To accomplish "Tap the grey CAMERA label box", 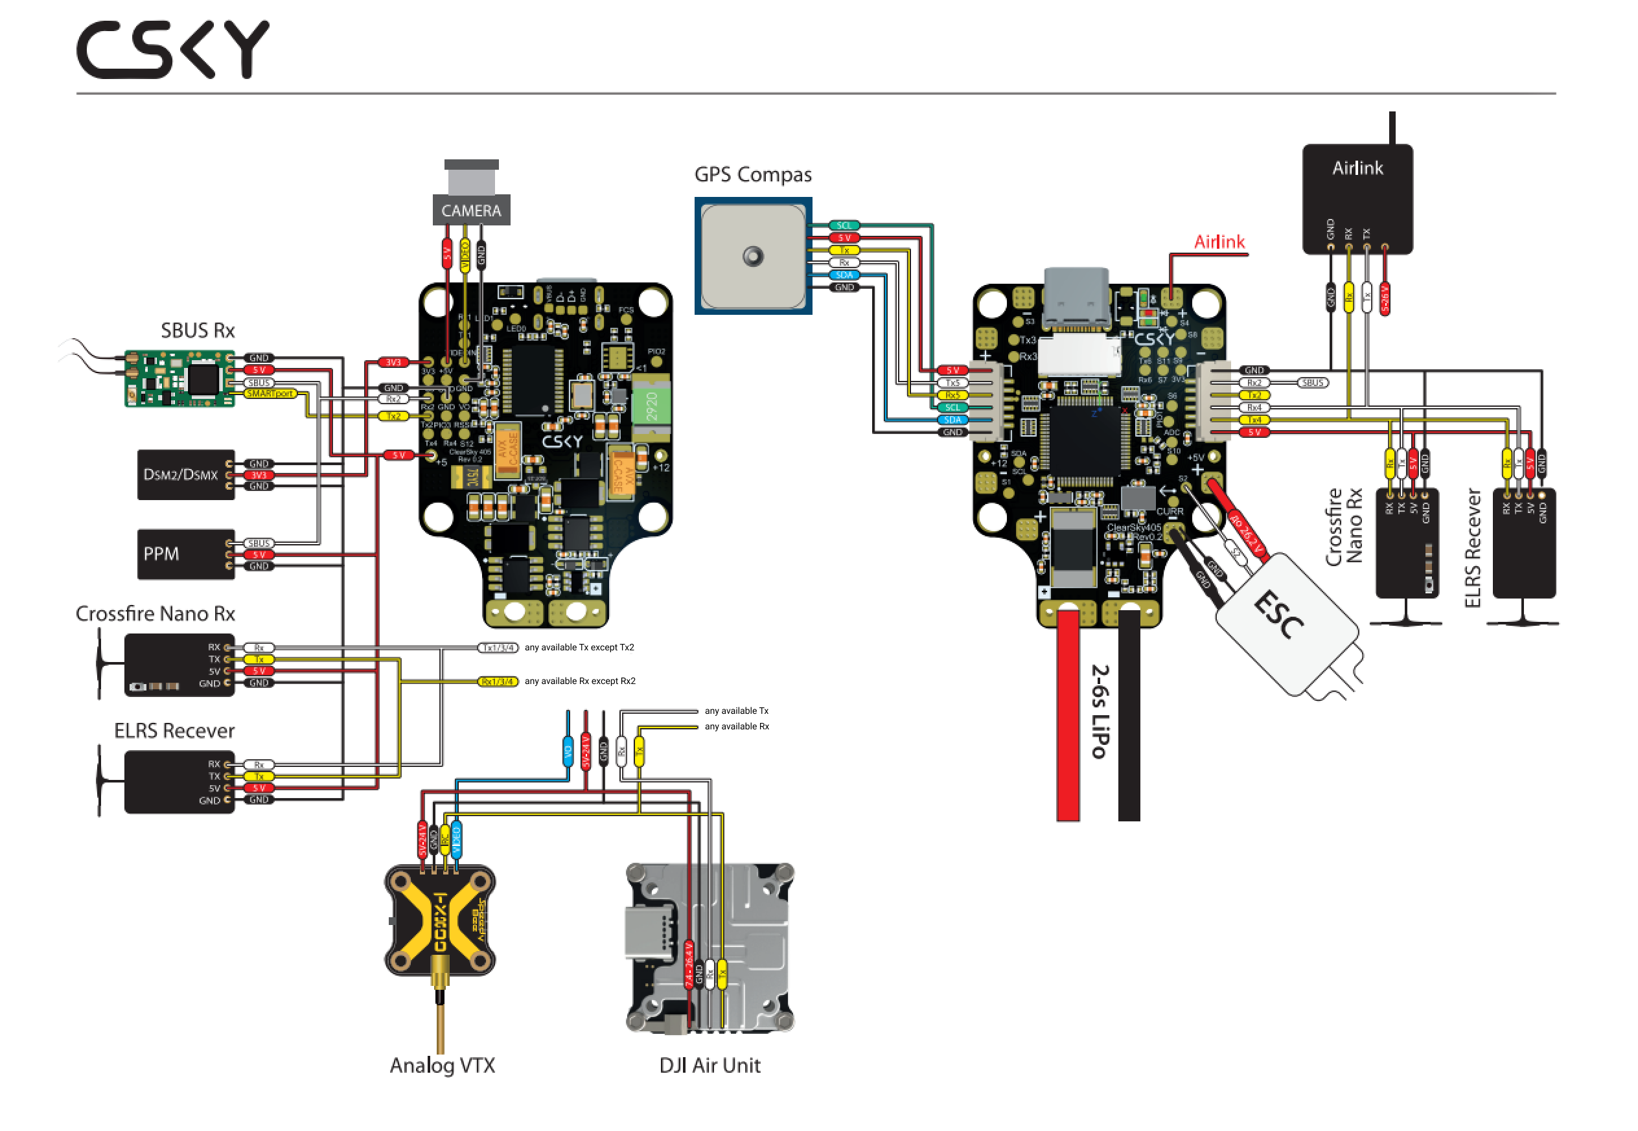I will [470, 211].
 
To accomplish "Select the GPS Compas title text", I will [752, 174].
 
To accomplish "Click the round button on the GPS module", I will [752, 256].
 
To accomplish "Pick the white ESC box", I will [1286, 624].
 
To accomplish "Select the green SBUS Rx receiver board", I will [179, 378].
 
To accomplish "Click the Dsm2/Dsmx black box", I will [185, 474].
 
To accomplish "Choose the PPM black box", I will [185, 553].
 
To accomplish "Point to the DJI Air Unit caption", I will [709, 1065].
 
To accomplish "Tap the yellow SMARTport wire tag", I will [270, 394].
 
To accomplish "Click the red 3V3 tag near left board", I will [393, 363].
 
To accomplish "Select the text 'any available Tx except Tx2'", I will [579, 648].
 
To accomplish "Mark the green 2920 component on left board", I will [651, 406].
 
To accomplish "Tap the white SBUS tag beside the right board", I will [1313, 383].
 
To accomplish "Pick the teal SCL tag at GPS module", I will [844, 226].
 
